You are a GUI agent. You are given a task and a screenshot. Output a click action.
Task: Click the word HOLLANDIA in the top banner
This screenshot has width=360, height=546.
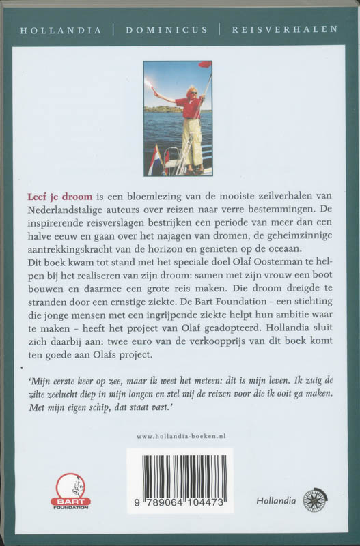point(61,30)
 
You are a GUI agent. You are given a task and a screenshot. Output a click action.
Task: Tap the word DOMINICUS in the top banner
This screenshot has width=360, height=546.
point(165,30)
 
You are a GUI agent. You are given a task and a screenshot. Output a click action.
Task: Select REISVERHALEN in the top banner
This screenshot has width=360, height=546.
point(285,30)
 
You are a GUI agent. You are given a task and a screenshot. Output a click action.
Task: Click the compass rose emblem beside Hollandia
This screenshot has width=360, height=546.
point(315,500)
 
